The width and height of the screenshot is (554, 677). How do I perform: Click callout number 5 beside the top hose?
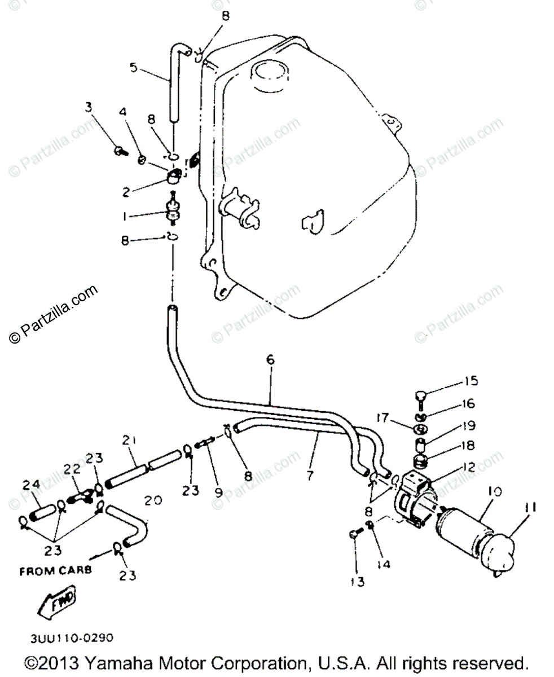tap(133, 67)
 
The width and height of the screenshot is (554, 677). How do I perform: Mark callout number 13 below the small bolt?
tap(358, 581)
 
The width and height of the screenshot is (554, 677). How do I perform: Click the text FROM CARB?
tap(56, 571)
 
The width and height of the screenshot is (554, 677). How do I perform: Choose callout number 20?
tap(152, 500)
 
